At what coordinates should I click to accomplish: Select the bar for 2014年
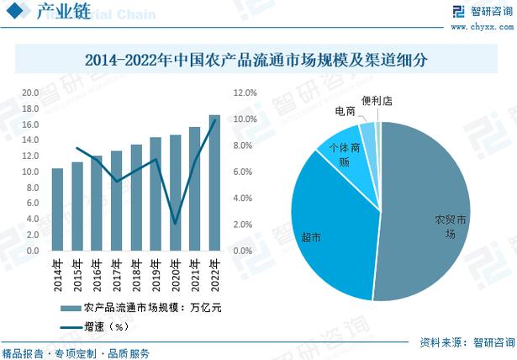pyautogui.click(x=57, y=210)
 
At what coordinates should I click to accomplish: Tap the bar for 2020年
pyautogui.click(x=175, y=193)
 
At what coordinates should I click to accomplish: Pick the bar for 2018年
pyautogui.click(x=136, y=199)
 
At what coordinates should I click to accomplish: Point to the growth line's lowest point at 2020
pyautogui.click(x=175, y=224)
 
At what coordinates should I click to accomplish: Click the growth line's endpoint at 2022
pyautogui.click(x=214, y=120)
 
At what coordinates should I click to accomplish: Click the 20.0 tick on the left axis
pyautogui.click(x=31, y=93)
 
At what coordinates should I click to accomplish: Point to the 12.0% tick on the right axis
pyautogui.click(x=243, y=93)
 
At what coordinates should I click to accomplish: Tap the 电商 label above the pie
pyautogui.click(x=345, y=111)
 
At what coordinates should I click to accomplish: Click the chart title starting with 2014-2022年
pyautogui.click(x=257, y=61)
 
